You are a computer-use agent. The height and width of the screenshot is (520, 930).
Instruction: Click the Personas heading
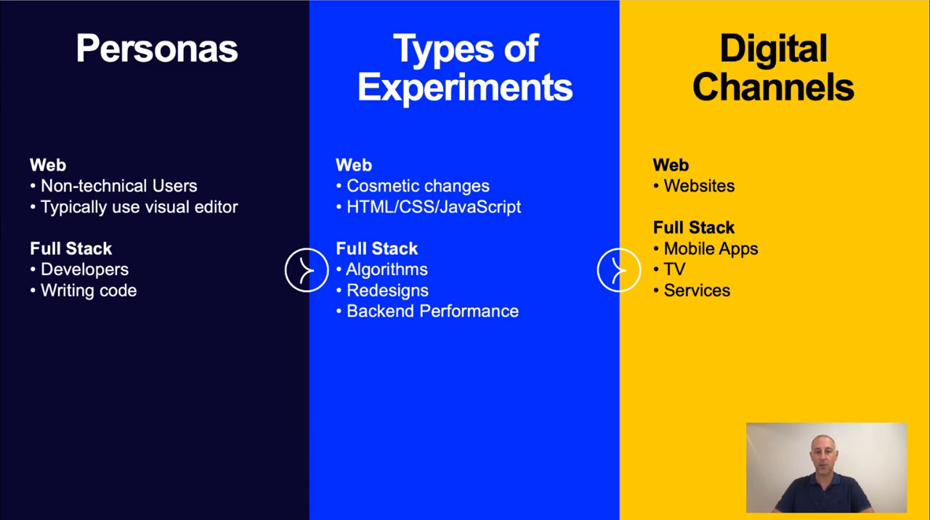click(x=157, y=49)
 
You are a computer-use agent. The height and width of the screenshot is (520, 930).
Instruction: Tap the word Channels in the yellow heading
click(x=773, y=86)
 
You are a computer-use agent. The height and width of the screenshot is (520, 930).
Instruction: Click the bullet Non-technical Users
click(x=114, y=186)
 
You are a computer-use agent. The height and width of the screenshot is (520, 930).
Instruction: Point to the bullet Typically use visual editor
click(x=134, y=207)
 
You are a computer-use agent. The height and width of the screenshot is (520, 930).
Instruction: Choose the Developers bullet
click(x=79, y=269)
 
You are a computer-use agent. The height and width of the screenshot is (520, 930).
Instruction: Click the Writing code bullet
click(x=84, y=291)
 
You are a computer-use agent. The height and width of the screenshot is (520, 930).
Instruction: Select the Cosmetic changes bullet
click(x=413, y=186)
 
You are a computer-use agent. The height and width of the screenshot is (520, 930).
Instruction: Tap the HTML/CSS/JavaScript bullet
click(x=429, y=207)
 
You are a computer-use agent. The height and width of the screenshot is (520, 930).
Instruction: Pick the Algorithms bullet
click(x=382, y=269)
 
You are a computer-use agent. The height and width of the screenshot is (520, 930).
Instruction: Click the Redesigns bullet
click(x=382, y=291)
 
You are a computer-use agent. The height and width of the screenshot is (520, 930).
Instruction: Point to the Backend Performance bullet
click(x=428, y=312)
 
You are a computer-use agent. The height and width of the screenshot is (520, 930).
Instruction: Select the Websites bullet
click(x=694, y=186)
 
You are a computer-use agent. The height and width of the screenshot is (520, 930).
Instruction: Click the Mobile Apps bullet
click(x=705, y=248)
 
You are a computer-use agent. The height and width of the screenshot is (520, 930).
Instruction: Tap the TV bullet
click(x=669, y=269)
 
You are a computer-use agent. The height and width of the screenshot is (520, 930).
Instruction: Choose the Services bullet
click(x=692, y=291)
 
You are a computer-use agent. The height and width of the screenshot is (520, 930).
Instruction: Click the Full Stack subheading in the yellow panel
click(x=694, y=227)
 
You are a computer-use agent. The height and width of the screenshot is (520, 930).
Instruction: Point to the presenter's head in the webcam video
click(x=823, y=453)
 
